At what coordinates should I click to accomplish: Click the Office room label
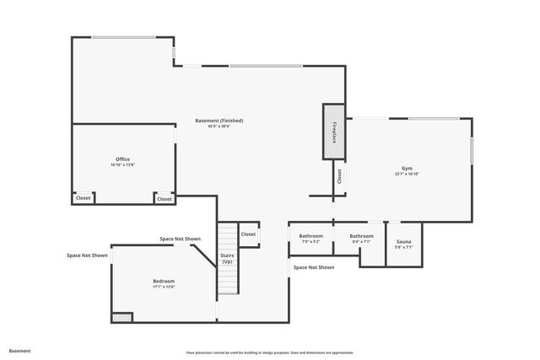(122, 159)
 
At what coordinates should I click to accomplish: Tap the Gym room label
(407, 168)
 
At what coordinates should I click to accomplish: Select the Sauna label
(403, 242)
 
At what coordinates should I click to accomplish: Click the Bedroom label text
(164, 281)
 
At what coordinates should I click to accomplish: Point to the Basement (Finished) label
(219, 121)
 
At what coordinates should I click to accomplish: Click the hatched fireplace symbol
(334, 132)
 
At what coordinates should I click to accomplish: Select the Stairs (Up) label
(227, 258)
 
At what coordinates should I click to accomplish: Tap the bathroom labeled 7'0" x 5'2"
(310, 236)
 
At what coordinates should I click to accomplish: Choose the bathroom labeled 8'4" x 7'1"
(361, 236)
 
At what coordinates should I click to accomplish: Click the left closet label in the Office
(83, 198)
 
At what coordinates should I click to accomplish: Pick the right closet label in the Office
(165, 199)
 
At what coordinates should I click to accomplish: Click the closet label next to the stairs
(248, 234)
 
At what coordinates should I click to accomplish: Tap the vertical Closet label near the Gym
(338, 176)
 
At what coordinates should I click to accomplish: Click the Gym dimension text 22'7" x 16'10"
(407, 174)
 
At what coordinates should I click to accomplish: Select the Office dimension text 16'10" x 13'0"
(122, 164)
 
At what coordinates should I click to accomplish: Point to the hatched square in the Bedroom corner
(122, 318)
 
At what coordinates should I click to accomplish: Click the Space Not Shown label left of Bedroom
(88, 255)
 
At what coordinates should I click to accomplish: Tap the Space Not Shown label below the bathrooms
(314, 267)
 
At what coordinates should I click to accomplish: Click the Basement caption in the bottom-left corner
(19, 350)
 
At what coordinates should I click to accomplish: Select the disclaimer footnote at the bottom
(270, 352)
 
